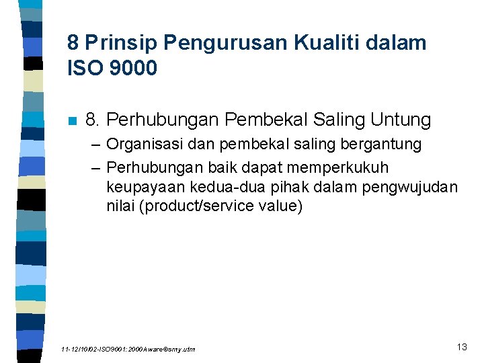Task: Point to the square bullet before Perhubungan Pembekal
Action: pyautogui.click(x=72, y=121)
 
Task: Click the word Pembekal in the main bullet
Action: pyautogui.click(x=268, y=120)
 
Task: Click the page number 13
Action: pyautogui.click(x=461, y=347)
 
